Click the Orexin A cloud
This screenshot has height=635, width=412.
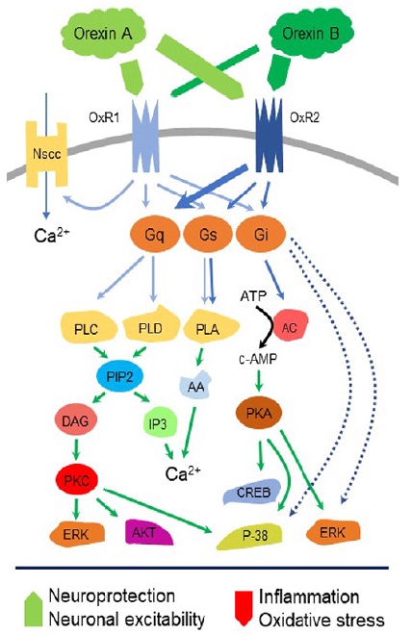[x=103, y=32]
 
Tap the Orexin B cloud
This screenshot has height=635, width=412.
[x=311, y=33]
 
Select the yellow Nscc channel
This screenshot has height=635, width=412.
[x=47, y=154]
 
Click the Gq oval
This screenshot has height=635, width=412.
[x=154, y=235]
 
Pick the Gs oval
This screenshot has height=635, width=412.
[x=208, y=235]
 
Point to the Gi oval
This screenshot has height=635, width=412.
[x=261, y=234]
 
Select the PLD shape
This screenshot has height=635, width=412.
[x=151, y=325]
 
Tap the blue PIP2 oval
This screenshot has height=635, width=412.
[x=120, y=376]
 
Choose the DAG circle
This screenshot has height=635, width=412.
[x=75, y=420]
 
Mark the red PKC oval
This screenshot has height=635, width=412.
[x=77, y=480]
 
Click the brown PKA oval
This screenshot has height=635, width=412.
[x=259, y=413]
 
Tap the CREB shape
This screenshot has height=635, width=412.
[x=253, y=492]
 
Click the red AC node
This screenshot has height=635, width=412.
[x=291, y=326]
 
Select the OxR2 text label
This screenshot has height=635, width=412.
[x=304, y=117]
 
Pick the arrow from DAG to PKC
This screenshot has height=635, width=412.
[x=76, y=449]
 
